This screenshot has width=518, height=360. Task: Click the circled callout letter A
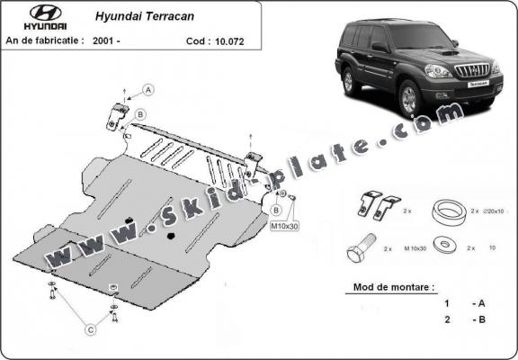click(x=148, y=88)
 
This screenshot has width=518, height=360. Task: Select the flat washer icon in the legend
click(x=442, y=246)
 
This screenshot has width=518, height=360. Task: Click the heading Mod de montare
click(x=389, y=288)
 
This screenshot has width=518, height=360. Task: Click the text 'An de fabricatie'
click(x=45, y=40)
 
